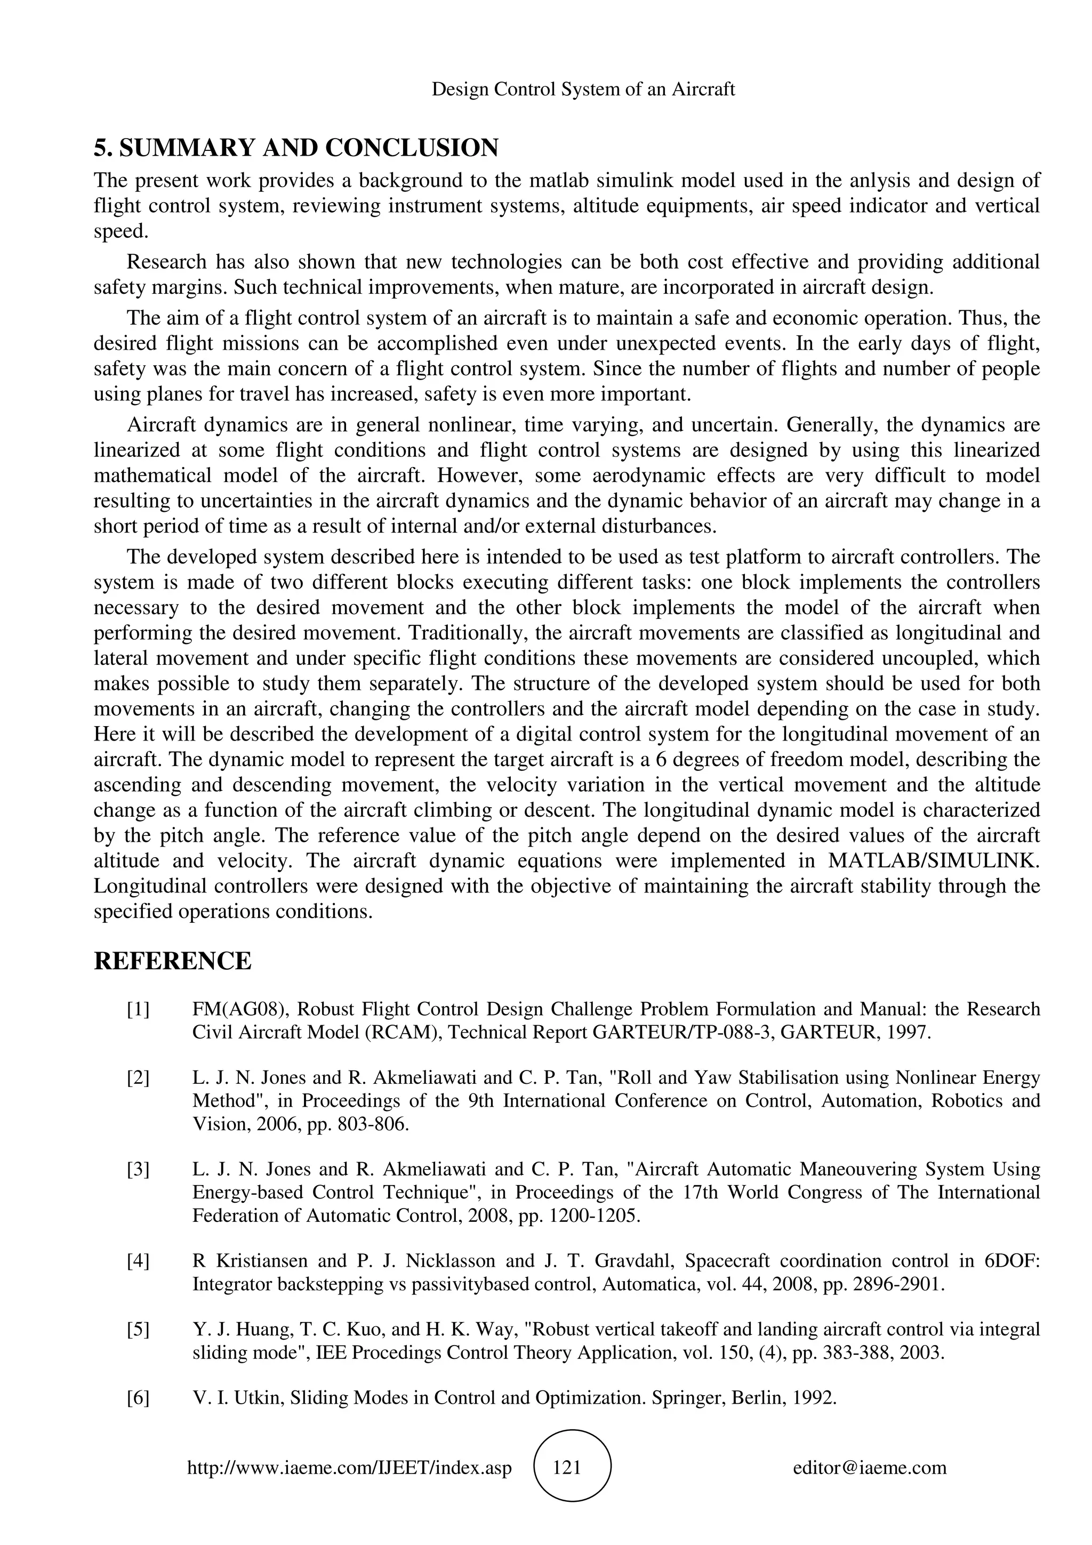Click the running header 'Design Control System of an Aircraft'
583,89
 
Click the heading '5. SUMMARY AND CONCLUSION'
296,147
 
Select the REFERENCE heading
172,961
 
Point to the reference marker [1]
138,1009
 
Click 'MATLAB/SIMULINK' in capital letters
935,860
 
